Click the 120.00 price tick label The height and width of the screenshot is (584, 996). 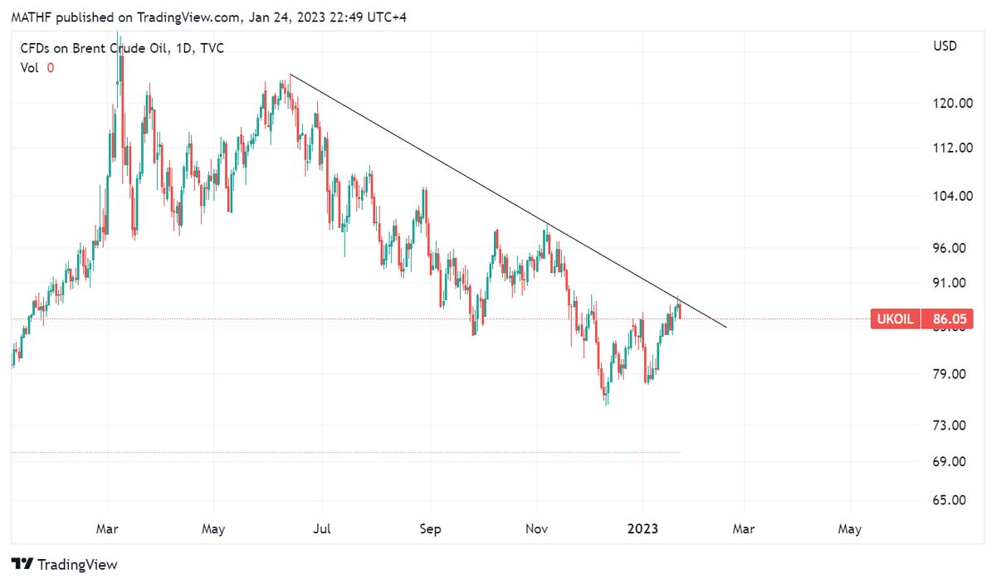pyautogui.click(x=953, y=104)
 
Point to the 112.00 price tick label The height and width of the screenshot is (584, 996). pyautogui.click(x=953, y=148)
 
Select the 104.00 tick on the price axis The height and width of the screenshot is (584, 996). pyautogui.click(x=953, y=197)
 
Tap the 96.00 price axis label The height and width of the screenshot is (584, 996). pyautogui.click(x=953, y=248)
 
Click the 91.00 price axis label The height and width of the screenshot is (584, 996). pyautogui.click(x=953, y=283)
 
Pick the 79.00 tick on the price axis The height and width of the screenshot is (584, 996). pyautogui.click(x=953, y=374)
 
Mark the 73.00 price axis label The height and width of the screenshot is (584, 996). pyautogui.click(x=953, y=426)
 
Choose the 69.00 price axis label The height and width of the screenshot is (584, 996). pyautogui.click(x=953, y=461)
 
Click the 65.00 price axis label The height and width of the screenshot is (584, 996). pyautogui.click(x=953, y=500)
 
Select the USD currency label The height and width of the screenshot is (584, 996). pyautogui.click(x=945, y=46)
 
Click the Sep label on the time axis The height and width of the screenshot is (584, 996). pyautogui.click(x=430, y=528)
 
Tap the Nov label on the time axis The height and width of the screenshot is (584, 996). pyautogui.click(x=537, y=528)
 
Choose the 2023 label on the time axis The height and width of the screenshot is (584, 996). pyautogui.click(x=642, y=528)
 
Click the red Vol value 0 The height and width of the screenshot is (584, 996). pyautogui.click(x=50, y=68)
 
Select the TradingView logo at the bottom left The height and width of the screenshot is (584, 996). pyautogui.click(x=65, y=565)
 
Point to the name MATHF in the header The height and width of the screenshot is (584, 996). pyautogui.click(x=27, y=17)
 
